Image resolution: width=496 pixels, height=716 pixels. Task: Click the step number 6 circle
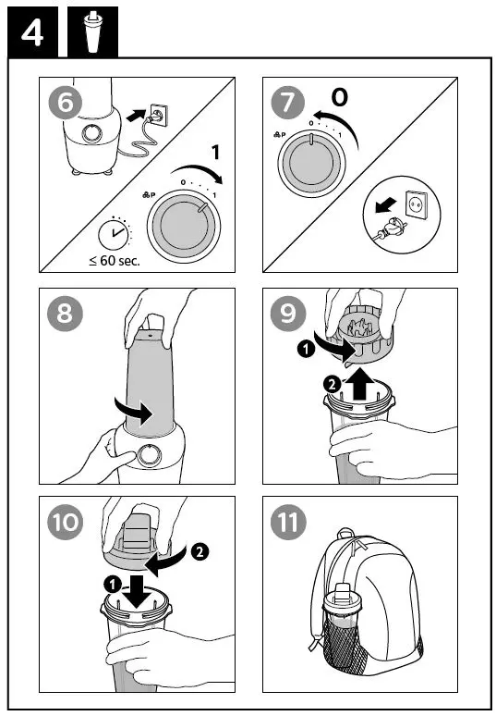pos(66,104)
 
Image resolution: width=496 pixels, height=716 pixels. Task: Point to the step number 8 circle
pos(66,314)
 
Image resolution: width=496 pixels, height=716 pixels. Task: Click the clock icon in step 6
pos(115,234)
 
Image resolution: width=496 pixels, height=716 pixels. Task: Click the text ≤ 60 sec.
pos(115,261)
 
